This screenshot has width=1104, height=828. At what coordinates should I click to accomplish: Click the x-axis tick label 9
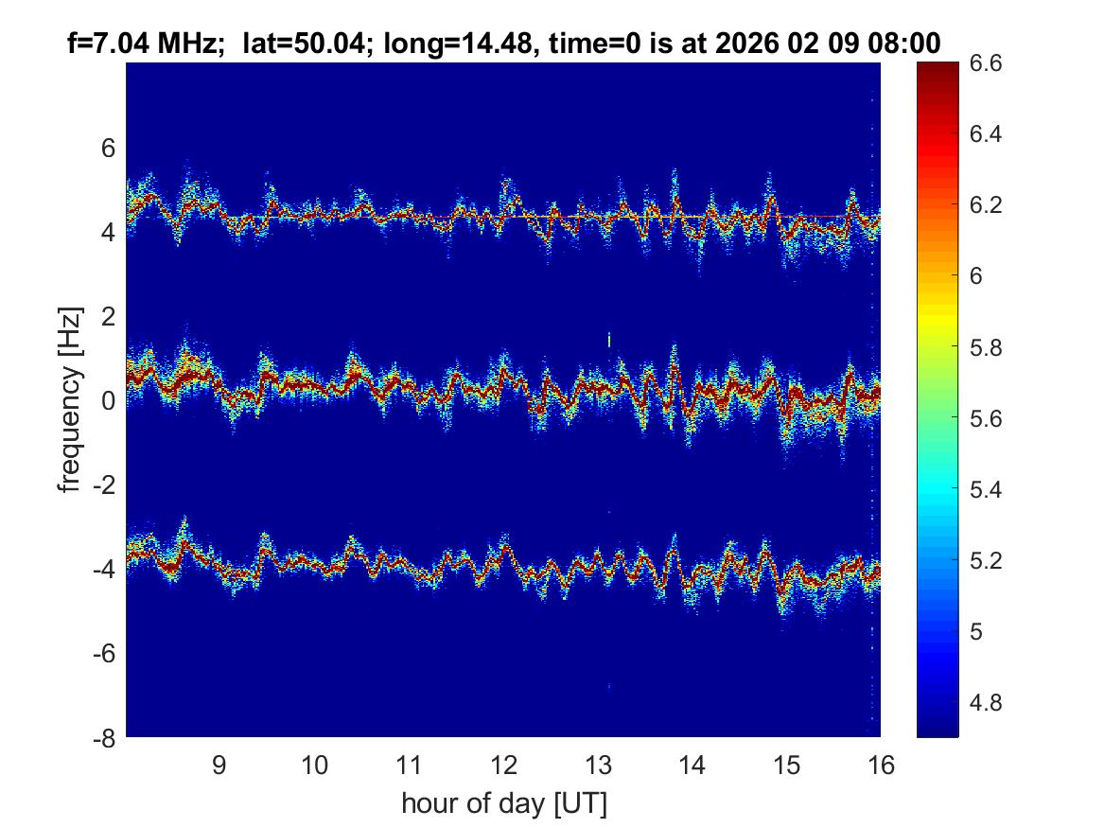tap(219, 765)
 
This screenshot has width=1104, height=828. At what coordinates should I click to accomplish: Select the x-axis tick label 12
tap(503, 765)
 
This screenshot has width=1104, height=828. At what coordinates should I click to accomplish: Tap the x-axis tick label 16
tap(881, 765)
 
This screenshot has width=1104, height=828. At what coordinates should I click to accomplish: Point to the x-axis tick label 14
tap(692, 765)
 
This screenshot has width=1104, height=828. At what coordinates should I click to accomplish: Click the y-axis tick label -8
tap(102, 739)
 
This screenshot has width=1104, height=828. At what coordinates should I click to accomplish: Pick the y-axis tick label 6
tap(108, 148)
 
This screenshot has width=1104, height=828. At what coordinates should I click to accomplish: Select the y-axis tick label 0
tap(108, 401)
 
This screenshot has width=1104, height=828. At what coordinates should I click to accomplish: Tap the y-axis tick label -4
tap(102, 570)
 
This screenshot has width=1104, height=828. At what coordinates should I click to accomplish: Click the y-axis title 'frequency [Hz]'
tap(69, 399)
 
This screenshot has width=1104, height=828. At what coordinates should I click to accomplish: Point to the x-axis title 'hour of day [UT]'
tap(503, 803)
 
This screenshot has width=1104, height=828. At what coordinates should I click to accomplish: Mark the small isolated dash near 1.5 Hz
tap(609, 339)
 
